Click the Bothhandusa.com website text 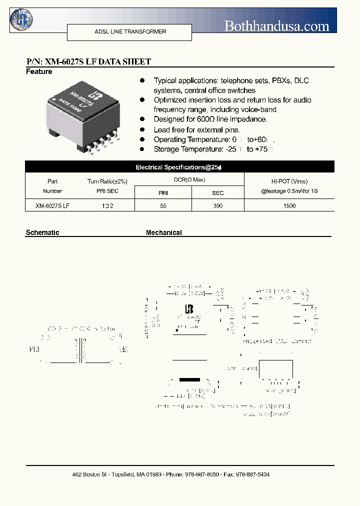coord(276,26)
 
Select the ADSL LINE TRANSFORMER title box coord(129,32)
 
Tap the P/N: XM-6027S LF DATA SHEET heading coord(88,61)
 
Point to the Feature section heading coord(39,71)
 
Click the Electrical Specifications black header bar coord(179,167)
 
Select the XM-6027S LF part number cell coord(52,205)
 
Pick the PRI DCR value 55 coord(163,205)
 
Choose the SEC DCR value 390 coord(217,205)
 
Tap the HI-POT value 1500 coord(289,205)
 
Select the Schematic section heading coord(42,232)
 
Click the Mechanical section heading coord(164,232)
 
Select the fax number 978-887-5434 coord(252,474)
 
